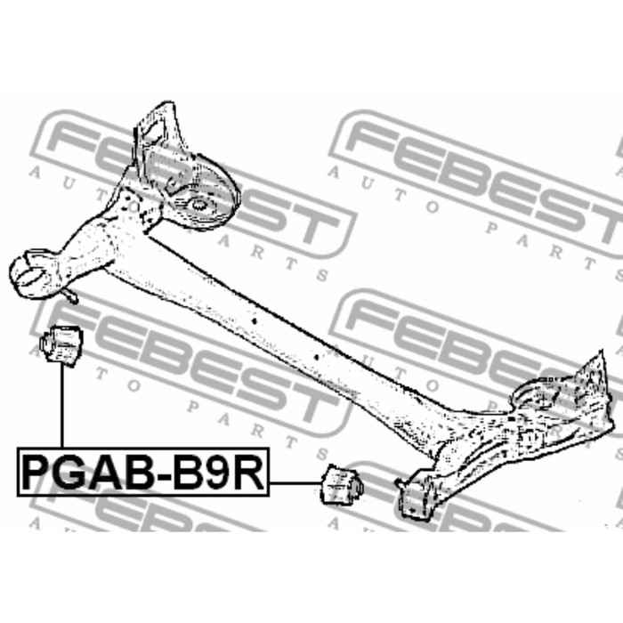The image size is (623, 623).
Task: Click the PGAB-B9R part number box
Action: [143, 472]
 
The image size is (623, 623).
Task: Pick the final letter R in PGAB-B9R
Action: [247, 473]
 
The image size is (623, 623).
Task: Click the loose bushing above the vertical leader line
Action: [61, 344]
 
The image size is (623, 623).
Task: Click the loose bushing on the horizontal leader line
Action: [342, 485]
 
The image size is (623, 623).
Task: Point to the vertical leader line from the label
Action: [62, 405]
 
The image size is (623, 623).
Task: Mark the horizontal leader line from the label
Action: [295, 483]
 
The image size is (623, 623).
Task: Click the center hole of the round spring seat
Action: [198, 206]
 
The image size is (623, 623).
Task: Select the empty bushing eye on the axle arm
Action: [29, 271]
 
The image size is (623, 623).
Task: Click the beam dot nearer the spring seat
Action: [255, 320]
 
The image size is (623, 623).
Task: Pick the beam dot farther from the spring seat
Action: [317, 357]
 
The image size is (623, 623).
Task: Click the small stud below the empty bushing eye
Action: [70, 296]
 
